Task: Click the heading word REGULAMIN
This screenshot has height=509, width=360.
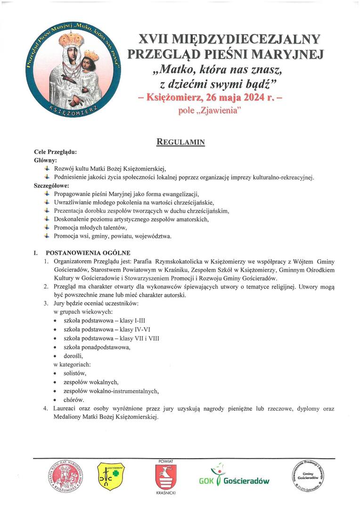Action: pos(180,141)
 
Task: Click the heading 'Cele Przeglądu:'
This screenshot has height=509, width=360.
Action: pos(55,152)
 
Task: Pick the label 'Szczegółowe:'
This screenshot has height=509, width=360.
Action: pos(51,185)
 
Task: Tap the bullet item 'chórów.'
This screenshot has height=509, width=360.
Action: pos(74,400)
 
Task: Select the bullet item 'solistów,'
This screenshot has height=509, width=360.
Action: pos(75,373)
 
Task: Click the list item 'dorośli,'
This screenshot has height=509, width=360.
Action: pos(74,356)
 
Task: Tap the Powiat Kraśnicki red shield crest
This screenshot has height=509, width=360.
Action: pos(166,476)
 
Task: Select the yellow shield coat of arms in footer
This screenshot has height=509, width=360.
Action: pos(111,477)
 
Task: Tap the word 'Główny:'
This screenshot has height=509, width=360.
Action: pos(46,161)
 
